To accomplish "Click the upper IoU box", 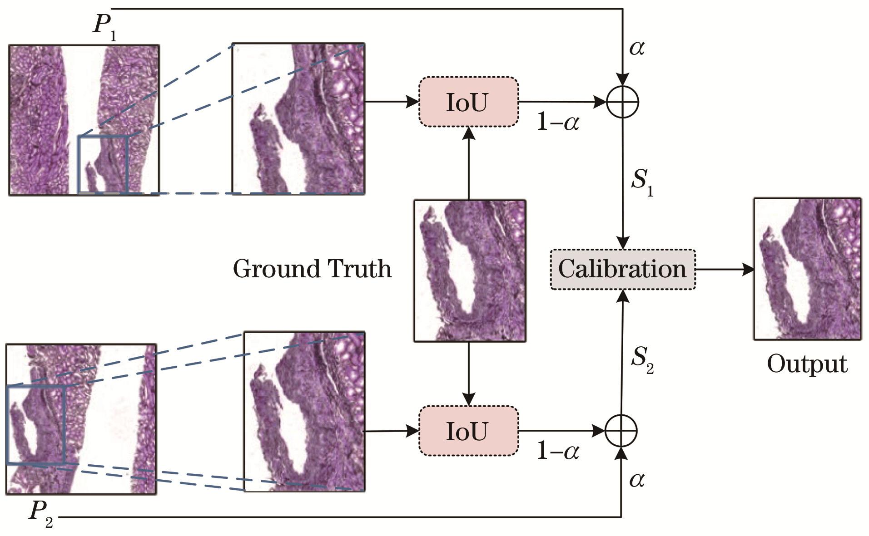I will [468, 102].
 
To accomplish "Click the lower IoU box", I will [468, 431].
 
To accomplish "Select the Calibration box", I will [622, 269].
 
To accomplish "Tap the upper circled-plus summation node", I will [622, 102].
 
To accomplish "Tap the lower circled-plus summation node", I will [621, 431].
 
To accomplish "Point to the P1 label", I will [104, 26].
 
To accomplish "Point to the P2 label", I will [41, 513].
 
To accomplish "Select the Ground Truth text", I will [312, 269].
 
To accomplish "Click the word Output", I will [807, 364].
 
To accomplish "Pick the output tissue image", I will [807, 269].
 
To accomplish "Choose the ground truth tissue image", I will [469, 270].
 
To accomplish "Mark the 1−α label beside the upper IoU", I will [558, 122].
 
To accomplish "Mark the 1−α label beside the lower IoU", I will [558, 451].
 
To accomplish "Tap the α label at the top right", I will [637, 48].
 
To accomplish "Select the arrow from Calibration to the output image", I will [724, 269].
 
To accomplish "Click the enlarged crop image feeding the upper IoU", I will [298, 119].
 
